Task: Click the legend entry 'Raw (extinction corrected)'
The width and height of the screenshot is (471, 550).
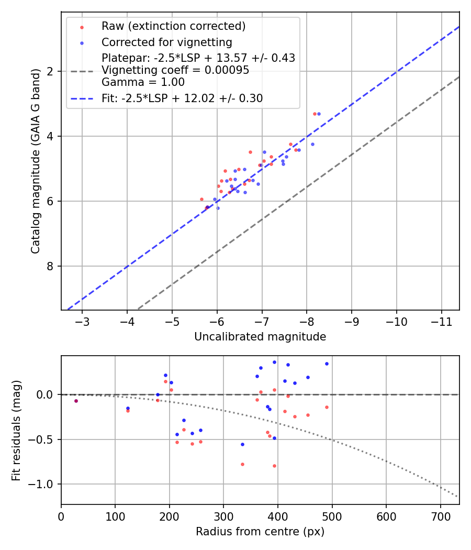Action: tap(173, 26)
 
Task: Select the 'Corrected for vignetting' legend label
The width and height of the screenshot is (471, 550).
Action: tap(167, 42)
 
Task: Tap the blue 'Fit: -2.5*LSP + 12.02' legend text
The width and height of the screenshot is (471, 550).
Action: tap(182, 98)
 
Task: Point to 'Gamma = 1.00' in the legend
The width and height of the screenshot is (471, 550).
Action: tap(143, 82)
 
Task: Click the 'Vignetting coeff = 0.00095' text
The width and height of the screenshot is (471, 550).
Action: tap(175, 70)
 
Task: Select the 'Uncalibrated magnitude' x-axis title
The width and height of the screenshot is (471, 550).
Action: tap(260, 337)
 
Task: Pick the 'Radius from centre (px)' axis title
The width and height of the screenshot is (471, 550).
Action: tap(260, 532)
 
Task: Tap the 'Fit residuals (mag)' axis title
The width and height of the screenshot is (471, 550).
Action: tap(17, 430)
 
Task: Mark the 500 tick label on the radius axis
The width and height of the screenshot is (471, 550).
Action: tap(332, 517)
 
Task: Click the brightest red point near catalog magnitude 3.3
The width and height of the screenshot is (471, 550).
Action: tap(315, 114)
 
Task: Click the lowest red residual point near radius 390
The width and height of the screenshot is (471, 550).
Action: tap(274, 466)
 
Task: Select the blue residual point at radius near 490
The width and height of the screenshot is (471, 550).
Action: tap(327, 364)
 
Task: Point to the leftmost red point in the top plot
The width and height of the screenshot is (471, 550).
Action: tap(201, 199)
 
